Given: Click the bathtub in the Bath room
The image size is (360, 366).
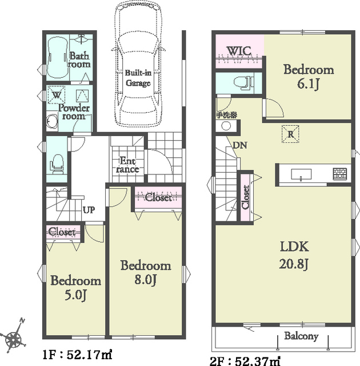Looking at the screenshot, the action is point(58,58).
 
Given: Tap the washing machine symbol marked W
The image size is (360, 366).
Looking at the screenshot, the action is point(56,95).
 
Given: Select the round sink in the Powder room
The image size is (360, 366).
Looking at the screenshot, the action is point(52,121).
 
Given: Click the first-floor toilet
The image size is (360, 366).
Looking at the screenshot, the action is point(57,164).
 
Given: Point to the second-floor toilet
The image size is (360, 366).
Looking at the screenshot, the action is point(243,83).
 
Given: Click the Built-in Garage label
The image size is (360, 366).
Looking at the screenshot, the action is point(138,78).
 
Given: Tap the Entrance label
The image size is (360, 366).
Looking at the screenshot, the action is point(127,165).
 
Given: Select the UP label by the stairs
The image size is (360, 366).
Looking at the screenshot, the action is point(89,210).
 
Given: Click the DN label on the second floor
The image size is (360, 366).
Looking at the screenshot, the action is point(240,145).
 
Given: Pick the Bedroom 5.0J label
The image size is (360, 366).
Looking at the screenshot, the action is point(76,288).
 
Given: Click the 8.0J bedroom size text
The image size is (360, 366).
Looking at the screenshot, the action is point(145,280).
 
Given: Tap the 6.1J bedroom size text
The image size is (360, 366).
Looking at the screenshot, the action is point(308,84).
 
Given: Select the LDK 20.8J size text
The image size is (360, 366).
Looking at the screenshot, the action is point(294,264).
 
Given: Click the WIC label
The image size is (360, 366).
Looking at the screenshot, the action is point(239,51).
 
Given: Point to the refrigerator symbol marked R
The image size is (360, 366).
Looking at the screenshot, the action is point(290,134).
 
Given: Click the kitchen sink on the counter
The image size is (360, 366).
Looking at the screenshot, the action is point(301,174).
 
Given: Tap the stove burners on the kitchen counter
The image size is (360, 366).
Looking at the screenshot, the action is point(340,174).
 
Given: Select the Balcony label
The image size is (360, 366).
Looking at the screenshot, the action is point(301,336).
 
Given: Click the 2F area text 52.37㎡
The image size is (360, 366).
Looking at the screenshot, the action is point(258,361).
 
